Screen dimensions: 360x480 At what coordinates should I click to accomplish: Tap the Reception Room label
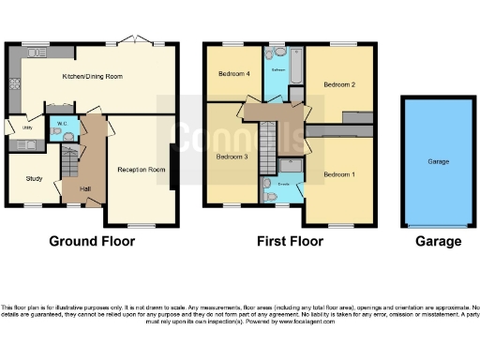point(141,170)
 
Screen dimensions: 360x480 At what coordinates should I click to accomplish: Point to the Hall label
point(85,189)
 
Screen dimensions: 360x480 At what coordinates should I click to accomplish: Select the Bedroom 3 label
point(232,156)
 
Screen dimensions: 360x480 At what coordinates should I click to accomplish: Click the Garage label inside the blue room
point(439,162)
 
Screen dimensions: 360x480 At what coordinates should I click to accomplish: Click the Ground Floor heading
point(92,241)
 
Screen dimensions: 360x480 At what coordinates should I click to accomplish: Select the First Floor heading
point(290,241)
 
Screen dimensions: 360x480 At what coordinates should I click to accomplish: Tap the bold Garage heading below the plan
point(439,241)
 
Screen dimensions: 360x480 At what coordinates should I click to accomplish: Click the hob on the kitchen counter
point(14,83)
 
